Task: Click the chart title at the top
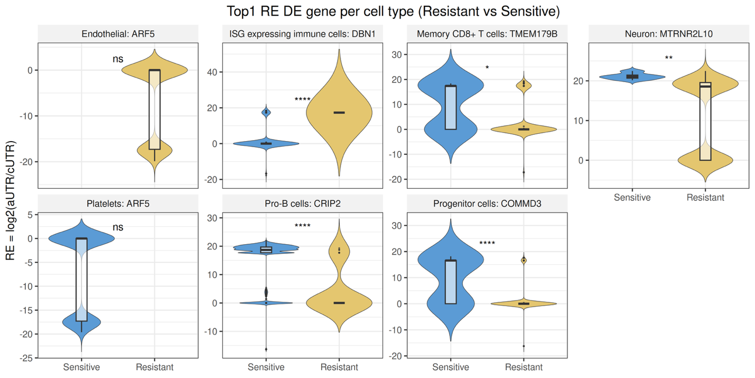(393, 11)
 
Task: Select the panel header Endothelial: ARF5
(118, 34)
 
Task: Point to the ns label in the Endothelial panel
(118, 59)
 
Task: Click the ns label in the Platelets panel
(118, 227)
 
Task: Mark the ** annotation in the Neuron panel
(668, 58)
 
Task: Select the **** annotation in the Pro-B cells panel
(302, 226)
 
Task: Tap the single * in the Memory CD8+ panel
(487, 68)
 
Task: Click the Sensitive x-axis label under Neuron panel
(632, 197)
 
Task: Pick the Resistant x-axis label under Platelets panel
(154, 367)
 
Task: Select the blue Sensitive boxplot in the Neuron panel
(632, 77)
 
